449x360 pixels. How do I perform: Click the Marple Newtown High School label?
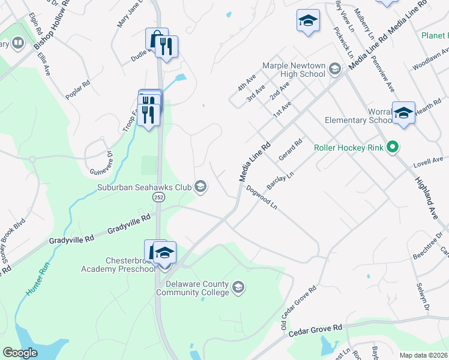294,70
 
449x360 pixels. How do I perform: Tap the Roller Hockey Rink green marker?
393,146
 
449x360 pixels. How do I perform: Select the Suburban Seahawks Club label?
145,187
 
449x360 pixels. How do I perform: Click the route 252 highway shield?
158,197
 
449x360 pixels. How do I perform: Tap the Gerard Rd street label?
290,151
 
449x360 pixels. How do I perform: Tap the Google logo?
20,353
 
